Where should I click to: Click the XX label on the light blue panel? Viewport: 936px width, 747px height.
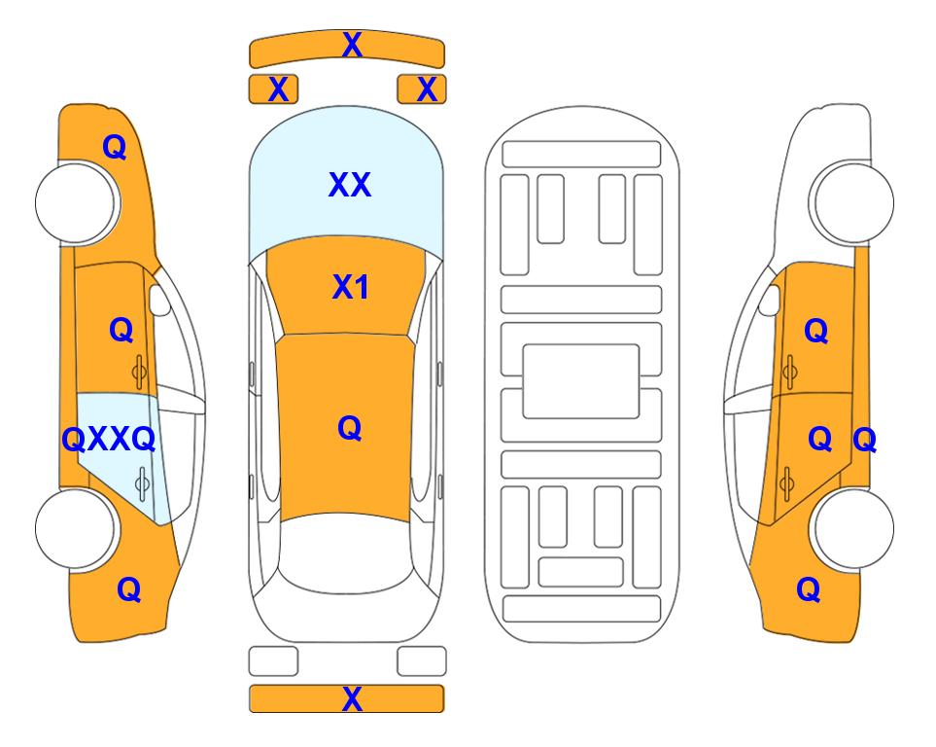pos(350,185)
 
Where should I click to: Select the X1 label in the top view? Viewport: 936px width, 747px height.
pos(351,287)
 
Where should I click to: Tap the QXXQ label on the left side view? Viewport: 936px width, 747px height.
pos(109,440)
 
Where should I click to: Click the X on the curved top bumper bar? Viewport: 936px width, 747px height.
pos(352,45)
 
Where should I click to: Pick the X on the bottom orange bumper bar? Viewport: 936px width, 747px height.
pos(352,698)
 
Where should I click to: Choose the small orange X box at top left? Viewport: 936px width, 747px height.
pos(273,89)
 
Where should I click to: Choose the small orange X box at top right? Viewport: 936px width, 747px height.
pos(422,89)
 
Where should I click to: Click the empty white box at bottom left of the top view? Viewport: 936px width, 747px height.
pos(273,661)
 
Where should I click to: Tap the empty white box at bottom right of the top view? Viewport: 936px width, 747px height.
pos(422,661)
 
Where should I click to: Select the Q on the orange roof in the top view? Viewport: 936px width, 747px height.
pos(350,429)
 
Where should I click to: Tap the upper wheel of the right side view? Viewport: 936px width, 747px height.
pos(853,202)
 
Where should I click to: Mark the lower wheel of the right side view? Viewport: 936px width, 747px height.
pos(853,528)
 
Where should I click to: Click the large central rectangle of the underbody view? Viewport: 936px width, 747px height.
pos(581,381)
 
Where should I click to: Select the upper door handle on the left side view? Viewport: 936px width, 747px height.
pos(139,372)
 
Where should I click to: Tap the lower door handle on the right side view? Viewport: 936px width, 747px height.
pos(787,483)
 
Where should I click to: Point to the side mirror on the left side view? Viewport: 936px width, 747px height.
pos(159,300)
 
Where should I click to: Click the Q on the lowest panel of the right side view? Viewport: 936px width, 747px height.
pos(809,589)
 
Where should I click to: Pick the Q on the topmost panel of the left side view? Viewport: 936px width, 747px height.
pos(115,147)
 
